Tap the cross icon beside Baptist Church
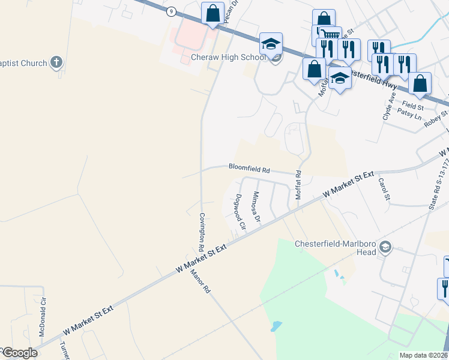(56, 62)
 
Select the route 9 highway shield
(172, 11)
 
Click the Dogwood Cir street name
(240, 212)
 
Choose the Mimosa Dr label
(256, 207)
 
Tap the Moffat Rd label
(298, 185)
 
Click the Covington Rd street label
(202, 232)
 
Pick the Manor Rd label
(200, 281)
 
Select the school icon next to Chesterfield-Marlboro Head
(386, 247)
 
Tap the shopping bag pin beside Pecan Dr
(213, 13)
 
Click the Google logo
(19, 353)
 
